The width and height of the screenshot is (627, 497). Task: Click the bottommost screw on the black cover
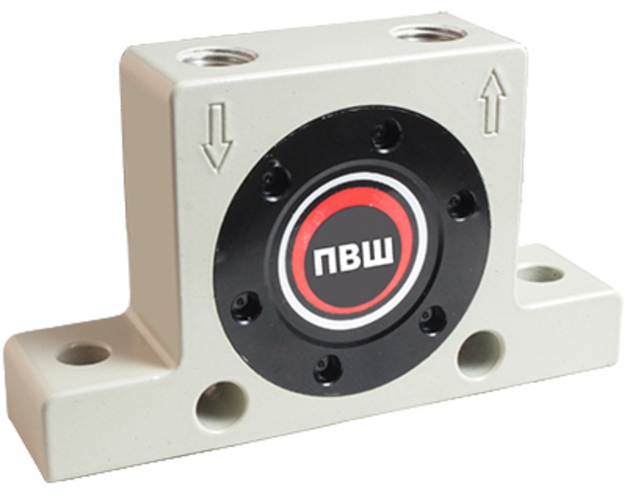328,367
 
